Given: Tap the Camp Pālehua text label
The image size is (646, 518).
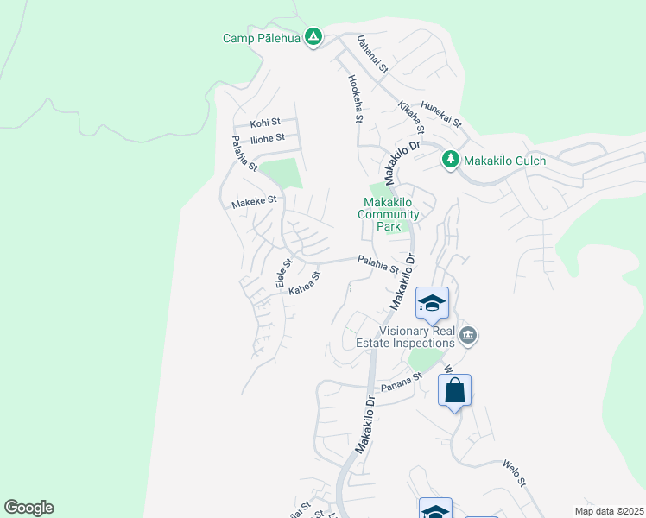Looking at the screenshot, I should pyautogui.click(x=263, y=38).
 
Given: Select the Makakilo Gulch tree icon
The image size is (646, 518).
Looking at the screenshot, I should pyautogui.click(x=450, y=160).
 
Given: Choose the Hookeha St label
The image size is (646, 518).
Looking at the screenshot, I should pyautogui.click(x=354, y=98).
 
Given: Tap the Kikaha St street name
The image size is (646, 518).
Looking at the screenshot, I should pyautogui.click(x=411, y=118).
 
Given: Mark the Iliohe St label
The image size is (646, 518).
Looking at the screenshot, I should pyautogui.click(x=268, y=139).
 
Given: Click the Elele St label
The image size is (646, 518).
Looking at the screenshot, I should pyautogui.click(x=282, y=274).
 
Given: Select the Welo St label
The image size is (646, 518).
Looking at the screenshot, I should pyautogui.click(x=514, y=472).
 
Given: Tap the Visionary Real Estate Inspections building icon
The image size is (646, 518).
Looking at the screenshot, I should pyautogui.click(x=468, y=335).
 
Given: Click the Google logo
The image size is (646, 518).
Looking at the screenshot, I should pyautogui.click(x=28, y=508).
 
